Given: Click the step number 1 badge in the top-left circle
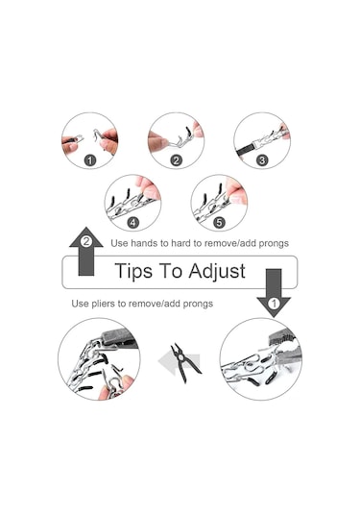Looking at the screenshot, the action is [x=90, y=160].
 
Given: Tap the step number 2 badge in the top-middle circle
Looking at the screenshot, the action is [x=177, y=160].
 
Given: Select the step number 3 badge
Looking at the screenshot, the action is [x=262, y=160].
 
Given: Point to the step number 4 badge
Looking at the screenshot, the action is [x=132, y=223].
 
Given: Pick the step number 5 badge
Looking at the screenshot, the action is [x=219, y=223].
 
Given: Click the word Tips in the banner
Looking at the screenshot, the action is [x=133, y=272].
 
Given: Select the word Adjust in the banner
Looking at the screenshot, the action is [x=217, y=272].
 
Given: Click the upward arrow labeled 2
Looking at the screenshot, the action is [x=86, y=251].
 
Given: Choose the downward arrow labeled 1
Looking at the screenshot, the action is [x=274, y=293].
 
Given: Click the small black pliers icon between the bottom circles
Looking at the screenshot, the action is [x=184, y=363].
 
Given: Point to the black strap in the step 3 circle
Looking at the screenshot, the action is [x=247, y=150].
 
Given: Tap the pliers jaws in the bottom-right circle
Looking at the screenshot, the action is [x=285, y=349].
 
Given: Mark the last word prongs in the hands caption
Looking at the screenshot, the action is [x=274, y=244].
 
